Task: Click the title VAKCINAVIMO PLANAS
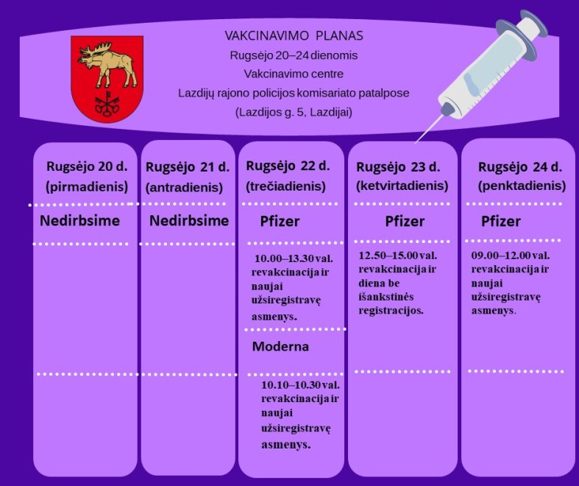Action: coord(294,36)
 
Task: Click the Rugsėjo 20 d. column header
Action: coord(87,166)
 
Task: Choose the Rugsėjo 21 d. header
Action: coord(188,167)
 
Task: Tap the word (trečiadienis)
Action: coord(285,186)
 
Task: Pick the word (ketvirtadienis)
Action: coord(402,186)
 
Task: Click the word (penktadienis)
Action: coord(522,186)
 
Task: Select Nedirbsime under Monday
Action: coord(79,221)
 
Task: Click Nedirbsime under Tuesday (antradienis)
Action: coord(189,221)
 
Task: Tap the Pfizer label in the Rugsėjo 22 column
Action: coord(280,222)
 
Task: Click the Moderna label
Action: coord(280,346)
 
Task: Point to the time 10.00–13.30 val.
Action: coord(294,258)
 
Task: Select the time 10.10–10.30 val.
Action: coord(300,384)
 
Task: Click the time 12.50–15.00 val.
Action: coord(398,256)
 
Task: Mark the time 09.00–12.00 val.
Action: coord(511,256)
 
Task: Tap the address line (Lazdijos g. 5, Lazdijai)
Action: coord(294,112)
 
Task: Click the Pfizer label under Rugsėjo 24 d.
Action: coord(501,222)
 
